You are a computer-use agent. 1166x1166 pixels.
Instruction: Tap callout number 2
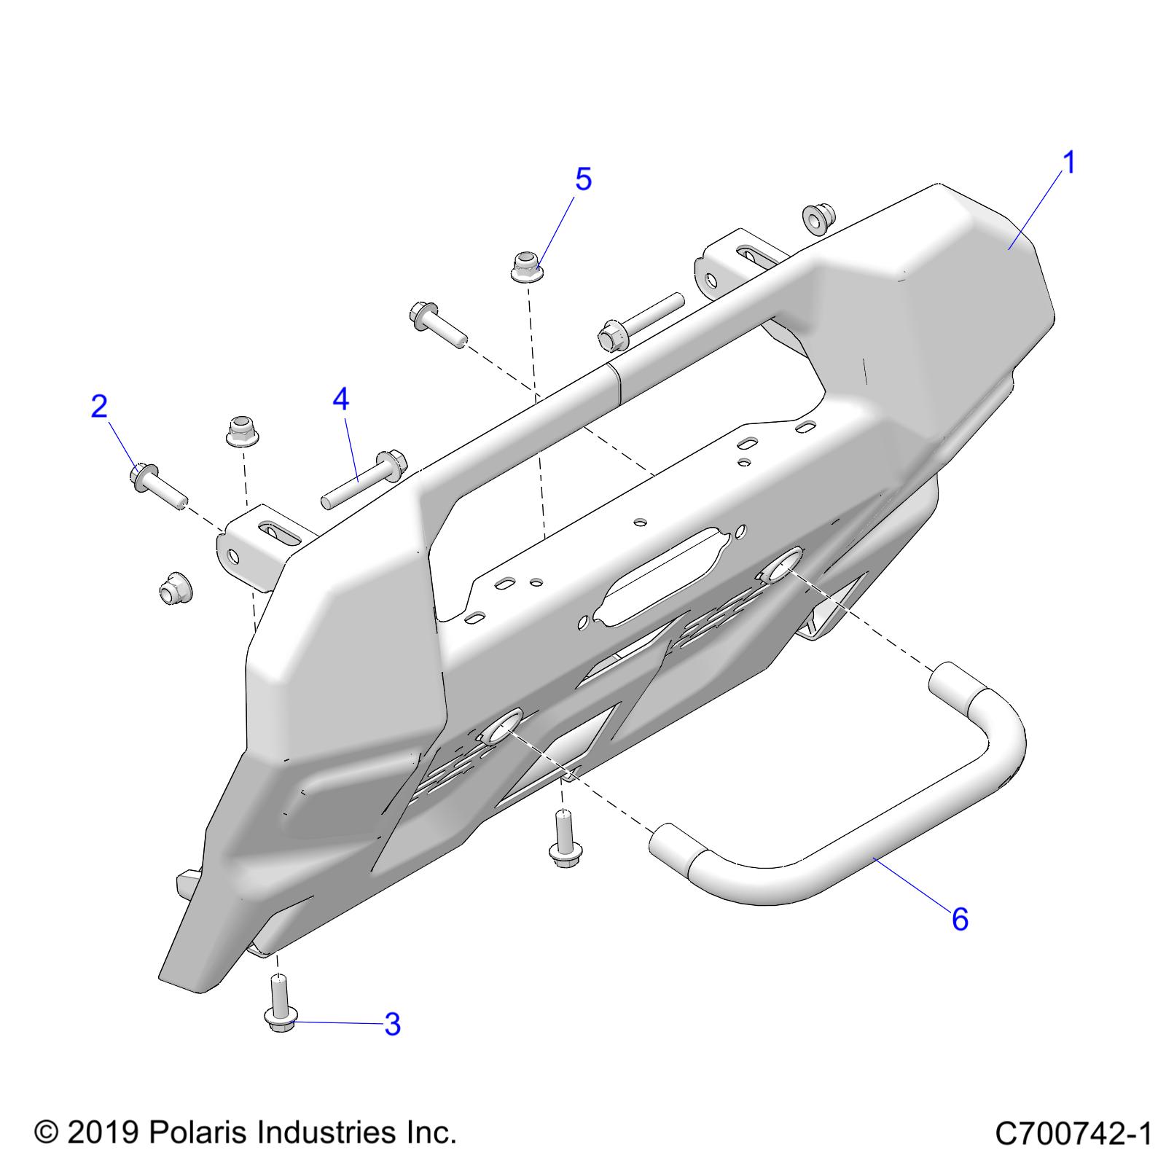tap(99, 407)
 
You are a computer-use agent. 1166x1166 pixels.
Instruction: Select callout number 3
tap(392, 1025)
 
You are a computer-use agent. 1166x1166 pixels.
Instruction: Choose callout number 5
tap(583, 179)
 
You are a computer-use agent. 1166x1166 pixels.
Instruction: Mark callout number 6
tap(960, 920)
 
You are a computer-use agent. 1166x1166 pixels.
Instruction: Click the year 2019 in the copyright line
tap(103, 1132)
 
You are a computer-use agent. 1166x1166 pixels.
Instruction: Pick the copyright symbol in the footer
tap(46, 1133)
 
